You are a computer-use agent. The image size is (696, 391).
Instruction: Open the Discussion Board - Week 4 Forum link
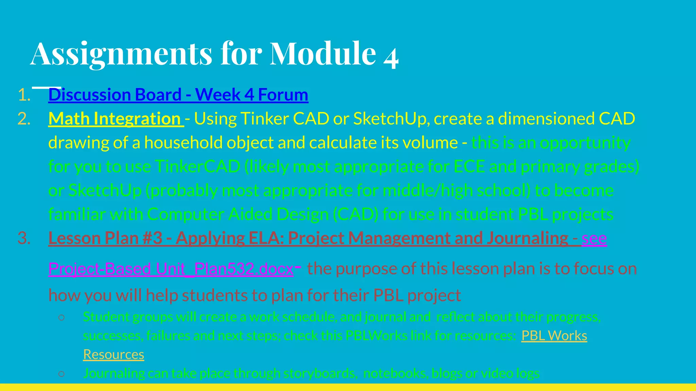coord(178,95)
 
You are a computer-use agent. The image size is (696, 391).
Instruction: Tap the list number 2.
coord(24,119)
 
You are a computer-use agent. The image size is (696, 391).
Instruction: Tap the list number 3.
coord(24,238)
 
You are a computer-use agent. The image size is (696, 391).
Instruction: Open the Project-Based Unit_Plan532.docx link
coord(171,269)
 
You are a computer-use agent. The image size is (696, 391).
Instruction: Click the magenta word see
coord(594,238)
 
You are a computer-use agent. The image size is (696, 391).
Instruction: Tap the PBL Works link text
coord(554,336)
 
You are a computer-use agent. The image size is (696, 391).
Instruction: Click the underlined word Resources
coord(114,354)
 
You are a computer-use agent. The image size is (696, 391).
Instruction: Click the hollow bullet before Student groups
coord(62,317)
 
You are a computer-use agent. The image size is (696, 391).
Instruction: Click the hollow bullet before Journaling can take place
coord(62,374)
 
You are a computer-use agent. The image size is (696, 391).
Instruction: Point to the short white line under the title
coord(47,88)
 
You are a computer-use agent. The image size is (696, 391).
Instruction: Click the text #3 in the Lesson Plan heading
coord(153,238)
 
